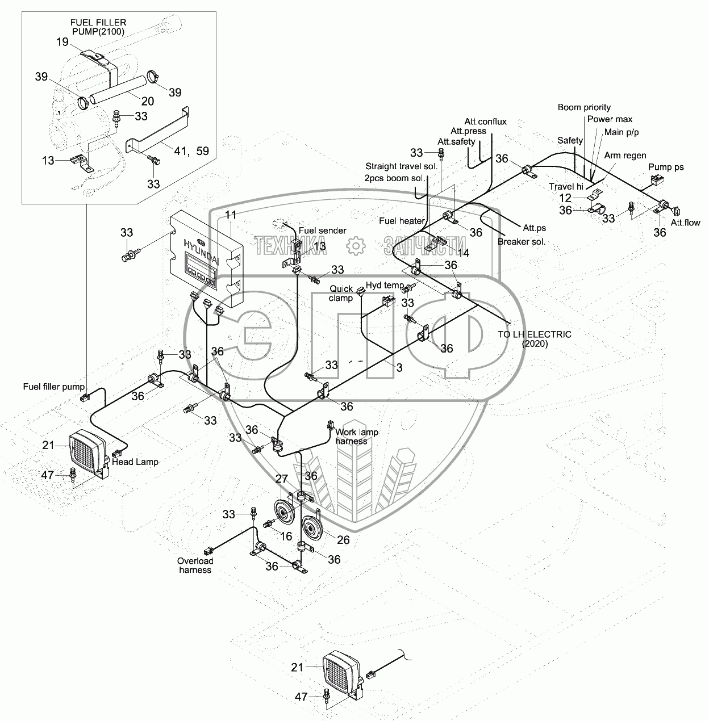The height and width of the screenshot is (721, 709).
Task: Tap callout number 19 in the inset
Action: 62,41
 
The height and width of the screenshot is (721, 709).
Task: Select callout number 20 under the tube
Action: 147,101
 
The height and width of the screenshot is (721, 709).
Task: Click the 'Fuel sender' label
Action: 323,230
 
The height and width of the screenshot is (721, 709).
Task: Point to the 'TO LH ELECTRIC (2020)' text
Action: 535,339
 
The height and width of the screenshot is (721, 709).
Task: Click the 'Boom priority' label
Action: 584,107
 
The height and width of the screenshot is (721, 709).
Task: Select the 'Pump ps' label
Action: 666,167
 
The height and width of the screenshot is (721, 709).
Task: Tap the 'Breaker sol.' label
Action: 522,241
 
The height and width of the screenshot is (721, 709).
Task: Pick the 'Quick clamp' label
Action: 341,294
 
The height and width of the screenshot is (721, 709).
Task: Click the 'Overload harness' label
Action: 195,565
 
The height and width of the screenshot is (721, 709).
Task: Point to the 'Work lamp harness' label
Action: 357,437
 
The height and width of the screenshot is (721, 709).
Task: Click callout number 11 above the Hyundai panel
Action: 230,215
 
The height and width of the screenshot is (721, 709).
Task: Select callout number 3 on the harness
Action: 399,368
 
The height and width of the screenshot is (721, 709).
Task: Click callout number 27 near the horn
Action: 282,479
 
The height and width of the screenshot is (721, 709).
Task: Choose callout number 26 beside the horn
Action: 344,538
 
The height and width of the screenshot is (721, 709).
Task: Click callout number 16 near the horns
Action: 286,536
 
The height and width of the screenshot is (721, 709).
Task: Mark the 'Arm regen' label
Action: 625,155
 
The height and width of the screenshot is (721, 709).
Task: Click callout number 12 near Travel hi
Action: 565,198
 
